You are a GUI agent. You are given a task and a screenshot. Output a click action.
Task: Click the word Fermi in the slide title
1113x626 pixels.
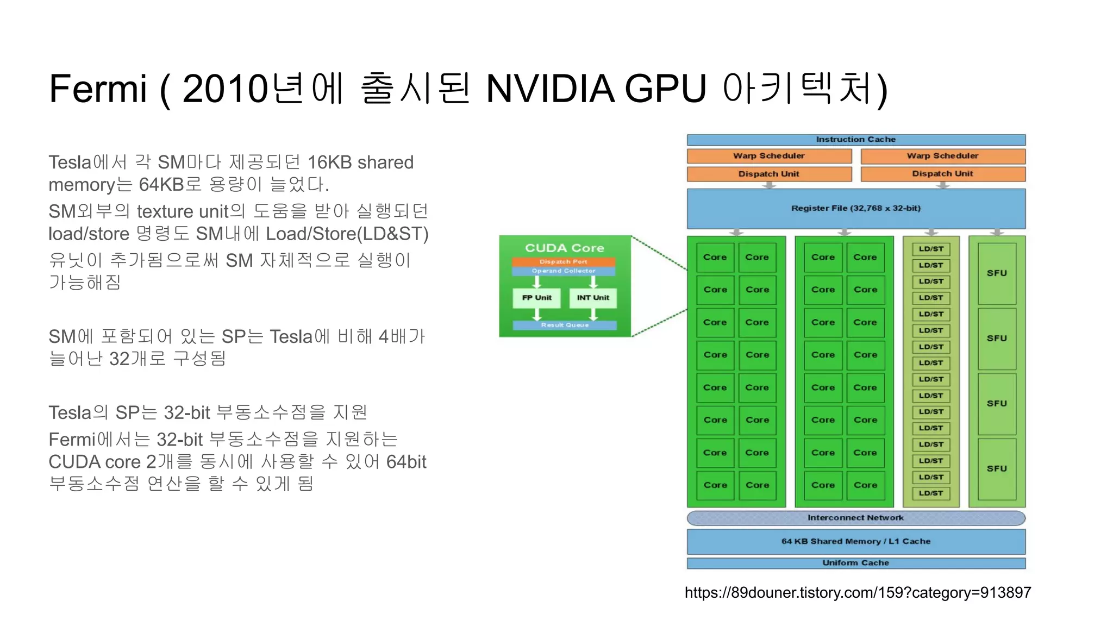tap(98, 89)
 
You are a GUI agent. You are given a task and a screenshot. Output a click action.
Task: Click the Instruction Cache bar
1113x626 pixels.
tap(855, 140)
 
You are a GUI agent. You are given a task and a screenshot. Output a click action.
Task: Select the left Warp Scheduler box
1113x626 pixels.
tap(768, 156)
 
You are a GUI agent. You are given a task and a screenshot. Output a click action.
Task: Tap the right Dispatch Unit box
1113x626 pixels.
tap(942, 174)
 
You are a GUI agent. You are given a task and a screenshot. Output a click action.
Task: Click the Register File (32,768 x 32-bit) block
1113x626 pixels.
tap(855, 209)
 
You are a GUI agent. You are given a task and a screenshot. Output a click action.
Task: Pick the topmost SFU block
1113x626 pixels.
tap(997, 273)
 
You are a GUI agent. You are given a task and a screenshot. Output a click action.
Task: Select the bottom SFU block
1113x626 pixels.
tap(997, 468)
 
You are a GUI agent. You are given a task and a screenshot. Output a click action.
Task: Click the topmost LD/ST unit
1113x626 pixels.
tap(931, 249)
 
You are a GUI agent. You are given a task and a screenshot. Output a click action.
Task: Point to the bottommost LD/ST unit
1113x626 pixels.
tap(931, 493)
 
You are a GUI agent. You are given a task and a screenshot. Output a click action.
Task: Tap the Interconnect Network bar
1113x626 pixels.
tap(855, 518)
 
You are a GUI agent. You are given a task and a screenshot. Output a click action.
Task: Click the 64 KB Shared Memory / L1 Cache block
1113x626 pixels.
tap(855, 542)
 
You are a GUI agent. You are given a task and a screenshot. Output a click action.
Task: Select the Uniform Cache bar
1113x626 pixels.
tap(855, 563)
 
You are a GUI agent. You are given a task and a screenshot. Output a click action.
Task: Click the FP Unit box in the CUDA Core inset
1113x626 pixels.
tap(537, 298)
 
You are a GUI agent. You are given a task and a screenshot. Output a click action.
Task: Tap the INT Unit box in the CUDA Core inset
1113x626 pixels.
tap(593, 298)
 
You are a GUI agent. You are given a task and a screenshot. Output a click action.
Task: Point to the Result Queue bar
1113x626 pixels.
tap(565, 325)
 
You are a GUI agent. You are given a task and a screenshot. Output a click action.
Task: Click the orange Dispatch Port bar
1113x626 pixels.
tap(564, 262)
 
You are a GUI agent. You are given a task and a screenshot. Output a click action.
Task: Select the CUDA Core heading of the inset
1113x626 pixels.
tap(565, 248)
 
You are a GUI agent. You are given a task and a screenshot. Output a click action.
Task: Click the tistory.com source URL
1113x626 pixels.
tap(858, 592)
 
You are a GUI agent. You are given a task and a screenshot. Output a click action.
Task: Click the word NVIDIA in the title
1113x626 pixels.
tap(550, 89)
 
